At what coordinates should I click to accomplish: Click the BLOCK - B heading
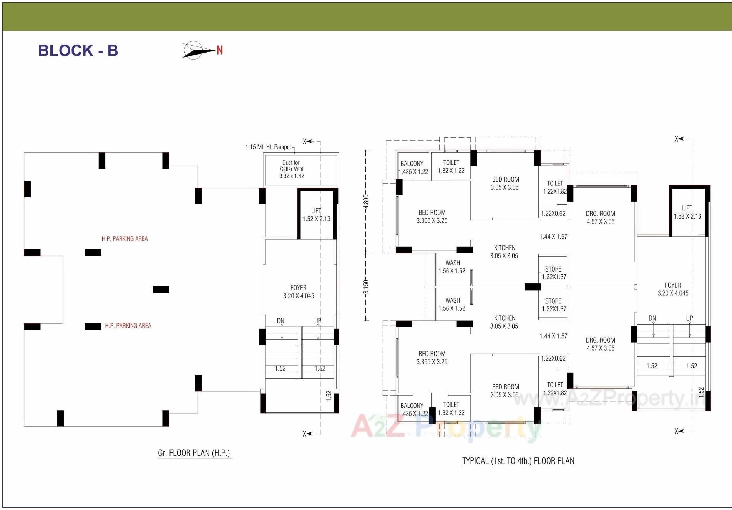pos(78,51)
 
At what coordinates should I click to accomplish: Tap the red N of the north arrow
pos(220,50)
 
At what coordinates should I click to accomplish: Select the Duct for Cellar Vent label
pos(291,169)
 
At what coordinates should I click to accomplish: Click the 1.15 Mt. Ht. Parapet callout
pos(268,147)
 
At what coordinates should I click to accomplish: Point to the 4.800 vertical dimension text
pos(366,201)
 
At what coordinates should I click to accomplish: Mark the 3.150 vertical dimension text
pos(366,286)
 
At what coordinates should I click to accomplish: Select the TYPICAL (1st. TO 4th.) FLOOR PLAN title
pos(518,461)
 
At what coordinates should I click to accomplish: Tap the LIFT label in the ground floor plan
pos(316,215)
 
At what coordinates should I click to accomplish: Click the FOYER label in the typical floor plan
pos(673,289)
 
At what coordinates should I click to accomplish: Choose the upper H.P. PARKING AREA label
pos(124,238)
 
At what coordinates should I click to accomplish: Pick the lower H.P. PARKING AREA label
pos(128,326)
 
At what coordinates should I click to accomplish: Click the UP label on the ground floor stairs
pos(318,321)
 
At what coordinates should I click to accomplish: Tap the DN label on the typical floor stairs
pos(652,318)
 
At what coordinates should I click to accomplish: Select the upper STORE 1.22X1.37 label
pos(554,273)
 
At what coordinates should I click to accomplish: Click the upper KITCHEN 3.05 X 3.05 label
pos(504,252)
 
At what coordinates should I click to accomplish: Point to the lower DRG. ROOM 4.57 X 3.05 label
pos(600,344)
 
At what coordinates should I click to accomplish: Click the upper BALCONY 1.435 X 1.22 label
pos(413,167)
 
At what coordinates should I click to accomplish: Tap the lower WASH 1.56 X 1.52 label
pos(452,304)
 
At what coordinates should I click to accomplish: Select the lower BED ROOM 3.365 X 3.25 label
pos(432,358)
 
